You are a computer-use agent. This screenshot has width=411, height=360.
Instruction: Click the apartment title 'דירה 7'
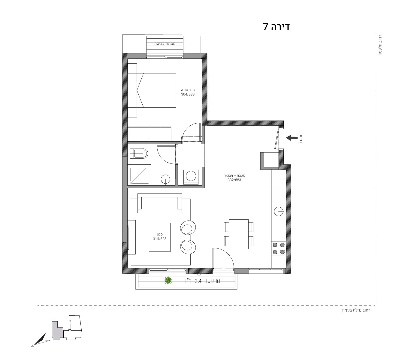276,27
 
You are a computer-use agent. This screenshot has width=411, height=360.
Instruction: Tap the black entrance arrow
292,138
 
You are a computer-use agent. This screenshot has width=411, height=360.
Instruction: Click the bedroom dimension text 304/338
188,94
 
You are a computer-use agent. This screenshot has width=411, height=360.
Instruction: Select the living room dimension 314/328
159,239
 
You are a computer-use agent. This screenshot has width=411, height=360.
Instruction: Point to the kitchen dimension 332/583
234,180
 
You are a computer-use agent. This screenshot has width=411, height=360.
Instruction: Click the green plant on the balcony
168,280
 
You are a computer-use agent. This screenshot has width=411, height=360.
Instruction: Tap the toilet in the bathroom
139,154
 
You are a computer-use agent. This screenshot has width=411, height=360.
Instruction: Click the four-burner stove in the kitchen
279,248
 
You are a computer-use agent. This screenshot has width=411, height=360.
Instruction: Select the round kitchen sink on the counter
279,211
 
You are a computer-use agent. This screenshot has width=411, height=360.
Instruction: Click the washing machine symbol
191,176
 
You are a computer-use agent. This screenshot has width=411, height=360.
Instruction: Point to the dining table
239,234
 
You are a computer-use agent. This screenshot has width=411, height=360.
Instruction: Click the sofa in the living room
159,203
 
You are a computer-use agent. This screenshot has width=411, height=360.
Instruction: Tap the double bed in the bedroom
152,90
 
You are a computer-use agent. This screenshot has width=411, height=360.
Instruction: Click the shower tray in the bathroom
139,175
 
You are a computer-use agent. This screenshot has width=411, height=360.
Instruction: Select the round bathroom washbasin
165,179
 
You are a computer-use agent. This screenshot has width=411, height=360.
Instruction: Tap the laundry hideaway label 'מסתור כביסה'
165,43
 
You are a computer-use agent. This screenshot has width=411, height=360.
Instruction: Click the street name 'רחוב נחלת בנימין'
356,310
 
